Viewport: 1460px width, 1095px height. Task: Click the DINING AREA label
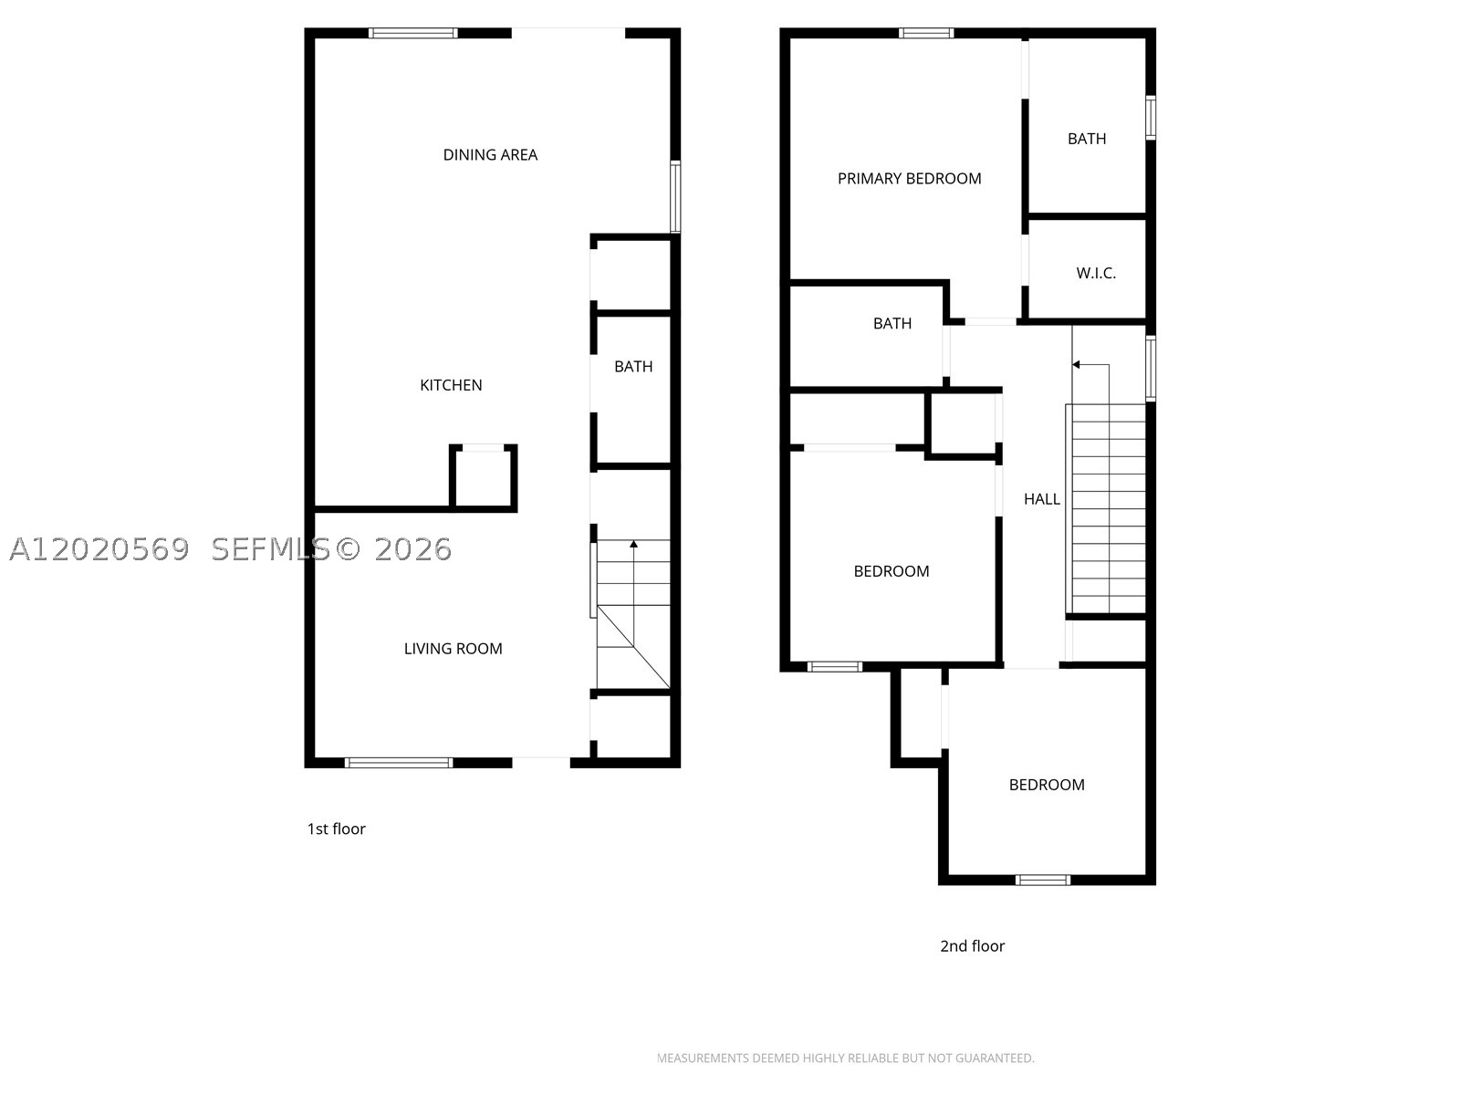[490, 155]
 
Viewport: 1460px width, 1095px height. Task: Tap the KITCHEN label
[451, 385]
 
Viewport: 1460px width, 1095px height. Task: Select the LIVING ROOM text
[453, 648]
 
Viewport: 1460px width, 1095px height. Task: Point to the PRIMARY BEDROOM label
[909, 178]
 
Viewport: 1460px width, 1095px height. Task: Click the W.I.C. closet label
[1096, 273]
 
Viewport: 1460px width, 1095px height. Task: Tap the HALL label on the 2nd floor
[1042, 498]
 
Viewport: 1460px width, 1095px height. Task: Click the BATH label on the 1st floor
[633, 366]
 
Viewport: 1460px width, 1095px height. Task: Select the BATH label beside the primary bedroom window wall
[1087, 139]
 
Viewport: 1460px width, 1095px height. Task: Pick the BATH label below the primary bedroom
[892, 323]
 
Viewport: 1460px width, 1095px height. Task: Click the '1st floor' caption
[336, 829]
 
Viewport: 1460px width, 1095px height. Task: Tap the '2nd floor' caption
[972, 945]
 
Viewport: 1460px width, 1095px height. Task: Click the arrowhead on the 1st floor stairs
[634, 544]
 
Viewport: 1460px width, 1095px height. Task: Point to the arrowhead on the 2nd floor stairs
[1076, 364]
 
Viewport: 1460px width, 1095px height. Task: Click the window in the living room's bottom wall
[399, 763]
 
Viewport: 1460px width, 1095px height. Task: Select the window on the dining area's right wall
[675, 197]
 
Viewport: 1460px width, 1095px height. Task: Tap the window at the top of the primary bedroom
[926, 33]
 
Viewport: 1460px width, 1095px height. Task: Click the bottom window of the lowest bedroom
[1043, 880]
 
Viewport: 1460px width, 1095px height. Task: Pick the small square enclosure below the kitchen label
[484, 478]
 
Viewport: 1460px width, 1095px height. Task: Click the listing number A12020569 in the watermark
[99, 550]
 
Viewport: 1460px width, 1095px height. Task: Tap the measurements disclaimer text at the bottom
[845, 1058]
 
